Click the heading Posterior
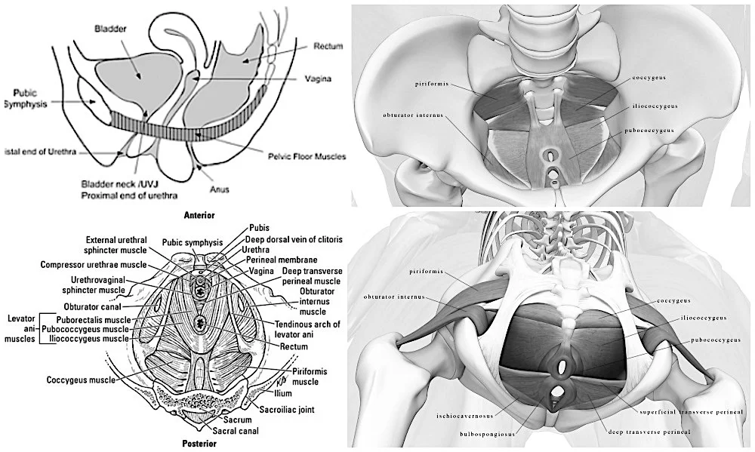199,444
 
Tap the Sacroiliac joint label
286,410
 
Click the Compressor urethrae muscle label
94,265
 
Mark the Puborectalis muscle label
99,320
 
